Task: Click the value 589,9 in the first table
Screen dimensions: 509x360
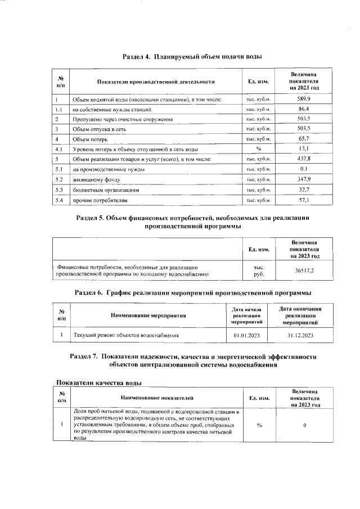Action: coord(304,99)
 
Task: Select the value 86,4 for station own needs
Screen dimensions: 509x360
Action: coord(304,109)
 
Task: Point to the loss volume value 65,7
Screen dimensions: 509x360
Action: coord(304,139)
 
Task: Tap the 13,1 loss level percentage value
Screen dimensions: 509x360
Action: coord(304,149)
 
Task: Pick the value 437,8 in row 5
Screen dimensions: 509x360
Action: coord(304,159)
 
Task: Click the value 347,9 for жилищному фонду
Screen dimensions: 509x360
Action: coord(304,179)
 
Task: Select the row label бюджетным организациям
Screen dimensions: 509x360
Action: coord(104,190)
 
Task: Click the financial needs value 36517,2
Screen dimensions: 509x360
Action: coord(304,271)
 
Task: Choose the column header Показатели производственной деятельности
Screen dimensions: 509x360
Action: coord(156,82)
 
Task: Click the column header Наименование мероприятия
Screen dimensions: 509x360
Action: coord(148,316)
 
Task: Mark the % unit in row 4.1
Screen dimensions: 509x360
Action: coord(259,149)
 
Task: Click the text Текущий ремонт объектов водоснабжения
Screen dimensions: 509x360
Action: coord(127,336)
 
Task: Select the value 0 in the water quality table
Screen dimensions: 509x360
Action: coord(304,425)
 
